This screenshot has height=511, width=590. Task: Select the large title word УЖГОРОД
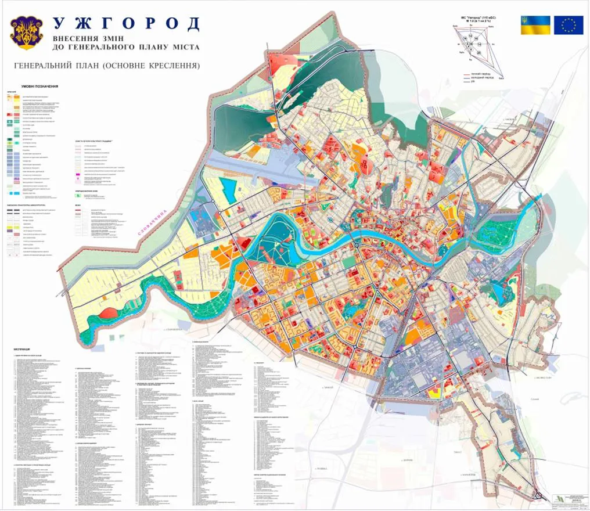pyautogui.click(x=126, y=24)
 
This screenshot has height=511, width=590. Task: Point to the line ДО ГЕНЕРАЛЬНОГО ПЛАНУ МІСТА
pyautogui.click(x=126, y=47)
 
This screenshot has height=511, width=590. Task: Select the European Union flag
pyautogui.click(x=568, y=25)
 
